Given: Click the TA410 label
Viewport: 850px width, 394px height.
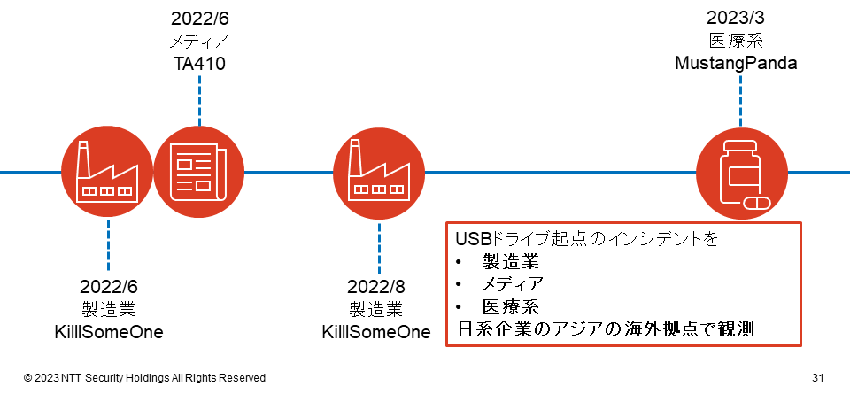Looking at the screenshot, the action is pos(199,64).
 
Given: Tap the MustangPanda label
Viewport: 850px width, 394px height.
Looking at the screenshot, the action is pos(736,64).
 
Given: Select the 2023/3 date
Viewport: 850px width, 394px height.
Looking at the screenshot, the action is pos(736,18).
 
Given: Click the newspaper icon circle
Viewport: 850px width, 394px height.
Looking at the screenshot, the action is pos(199,173).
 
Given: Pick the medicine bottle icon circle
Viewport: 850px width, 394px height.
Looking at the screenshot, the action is pos(741,173).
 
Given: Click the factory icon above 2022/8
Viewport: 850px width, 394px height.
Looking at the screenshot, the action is pos(378,173).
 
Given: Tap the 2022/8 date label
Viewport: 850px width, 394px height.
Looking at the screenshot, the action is pos(376,287).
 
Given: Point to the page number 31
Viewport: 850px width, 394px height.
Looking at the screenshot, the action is pos(818,378).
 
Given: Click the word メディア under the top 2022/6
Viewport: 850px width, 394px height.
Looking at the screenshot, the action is pos(199,42).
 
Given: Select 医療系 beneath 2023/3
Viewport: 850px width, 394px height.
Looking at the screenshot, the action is pos(736,42).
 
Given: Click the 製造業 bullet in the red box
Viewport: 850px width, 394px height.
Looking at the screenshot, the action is pos(511,263).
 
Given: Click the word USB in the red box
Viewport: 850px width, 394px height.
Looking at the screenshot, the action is pos(472,240).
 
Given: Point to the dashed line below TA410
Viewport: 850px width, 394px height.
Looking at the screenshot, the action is pos(199,101).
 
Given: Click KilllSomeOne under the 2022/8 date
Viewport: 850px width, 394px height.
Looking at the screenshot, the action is pos(376,332).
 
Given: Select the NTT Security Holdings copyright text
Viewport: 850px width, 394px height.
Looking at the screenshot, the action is pos(144,378).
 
